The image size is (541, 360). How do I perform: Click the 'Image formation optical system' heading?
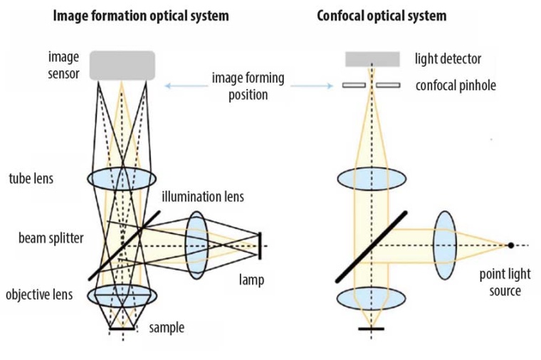tap(141, 15)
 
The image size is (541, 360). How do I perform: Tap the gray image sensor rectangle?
tap(122, 65)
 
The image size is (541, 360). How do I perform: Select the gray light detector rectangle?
tap(372, 58)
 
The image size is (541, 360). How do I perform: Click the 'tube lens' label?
tap(32, 178)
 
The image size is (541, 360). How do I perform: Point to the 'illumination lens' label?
tap(202, 196)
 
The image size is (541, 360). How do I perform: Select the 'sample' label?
tap(167, 327)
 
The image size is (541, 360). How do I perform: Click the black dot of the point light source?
tap(511, 245)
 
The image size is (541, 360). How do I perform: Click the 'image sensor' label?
tap(64, 63)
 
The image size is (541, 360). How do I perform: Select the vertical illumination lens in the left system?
tap(195, 245)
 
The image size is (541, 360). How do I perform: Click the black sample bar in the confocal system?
tap(371, 329)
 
